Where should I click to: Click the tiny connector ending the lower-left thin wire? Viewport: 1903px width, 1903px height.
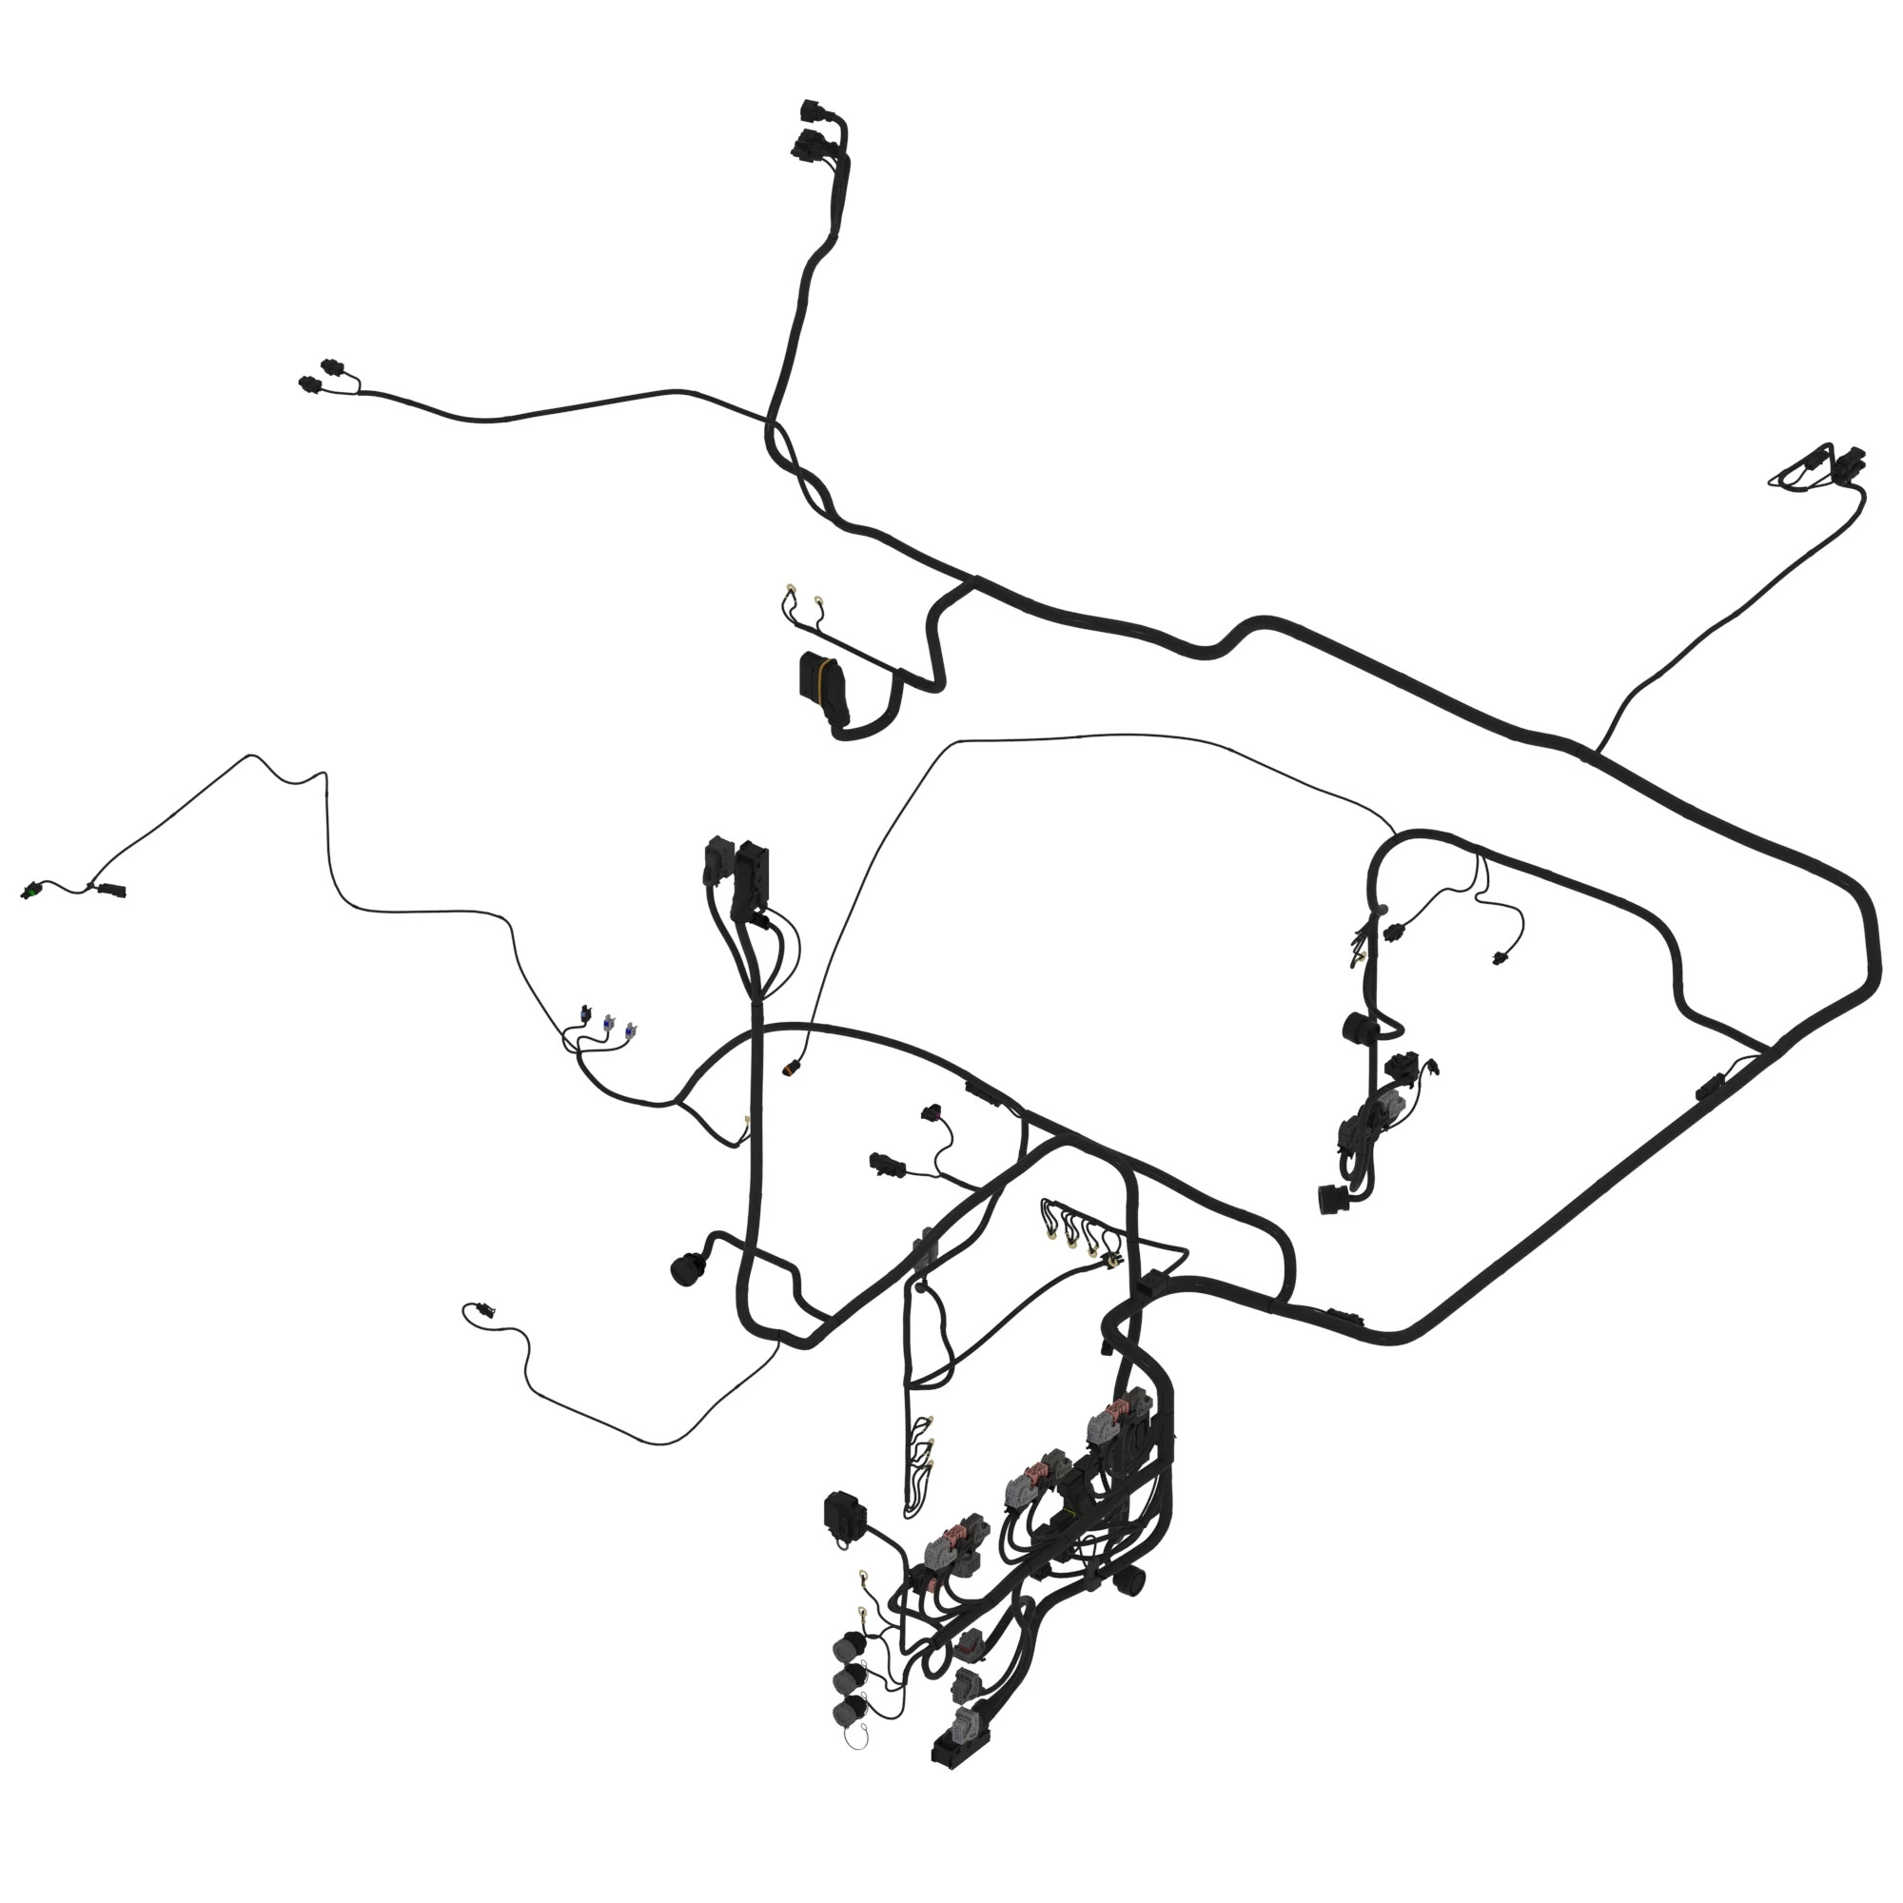pos(482,1310)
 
